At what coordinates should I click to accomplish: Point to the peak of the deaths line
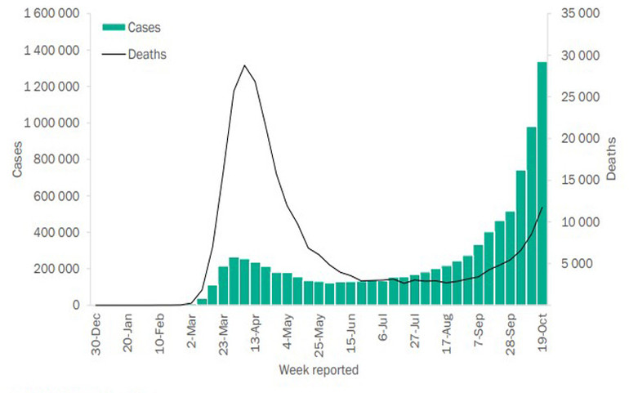(244, 65)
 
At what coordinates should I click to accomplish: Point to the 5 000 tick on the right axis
(573, 264)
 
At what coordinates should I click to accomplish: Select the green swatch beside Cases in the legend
(114, 27)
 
